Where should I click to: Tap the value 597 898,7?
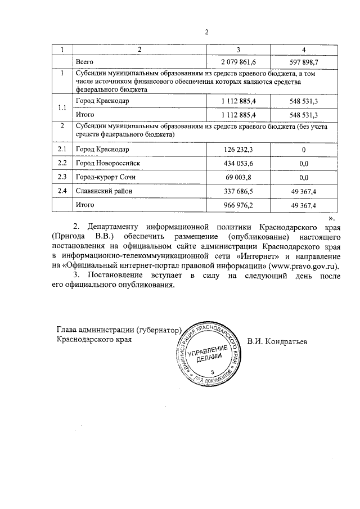pyautogui.click(x=304, y=61)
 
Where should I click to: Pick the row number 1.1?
pyautogui.click(x=62, y=107)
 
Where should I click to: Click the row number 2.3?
pyautogui.click(x=62, y=177)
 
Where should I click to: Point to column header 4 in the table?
pyautogui.click(x=304, y=49)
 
